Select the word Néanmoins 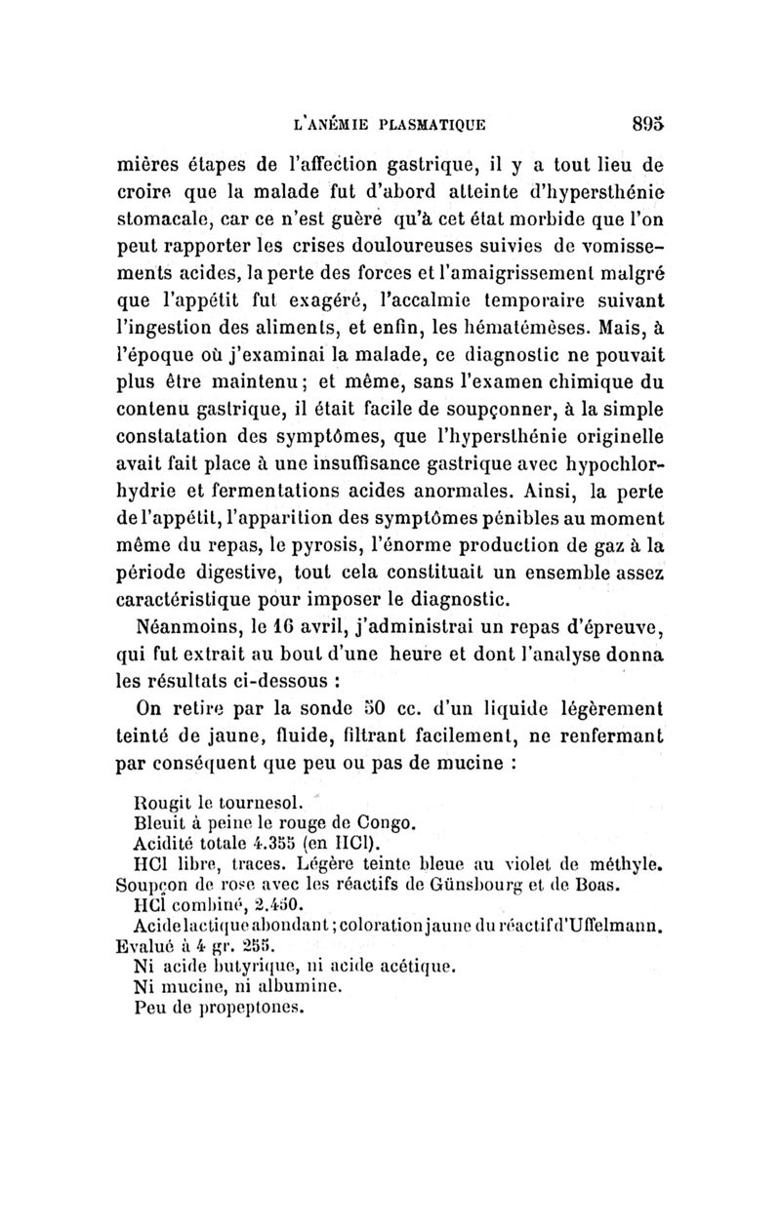[x=191, y=622]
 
